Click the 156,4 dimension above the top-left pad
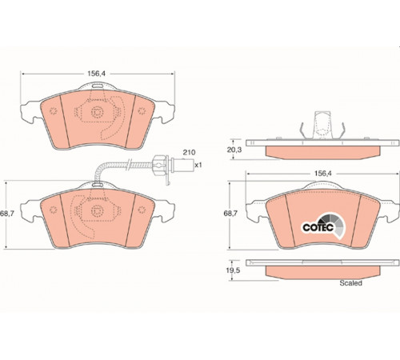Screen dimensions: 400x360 (97, 74)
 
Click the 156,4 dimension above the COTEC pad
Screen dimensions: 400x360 (322, 174)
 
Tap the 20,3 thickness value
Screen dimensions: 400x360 (234, 150)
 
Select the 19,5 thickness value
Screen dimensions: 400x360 (233, 270)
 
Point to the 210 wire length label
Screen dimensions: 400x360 (189, 153)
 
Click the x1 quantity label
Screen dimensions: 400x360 (198, 165)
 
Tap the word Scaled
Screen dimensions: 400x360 (350, 283)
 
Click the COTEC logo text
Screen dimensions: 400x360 (318, 227)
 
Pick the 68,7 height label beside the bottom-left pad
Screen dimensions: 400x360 (7, 214)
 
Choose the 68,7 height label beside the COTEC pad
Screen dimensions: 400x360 (230, 214)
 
